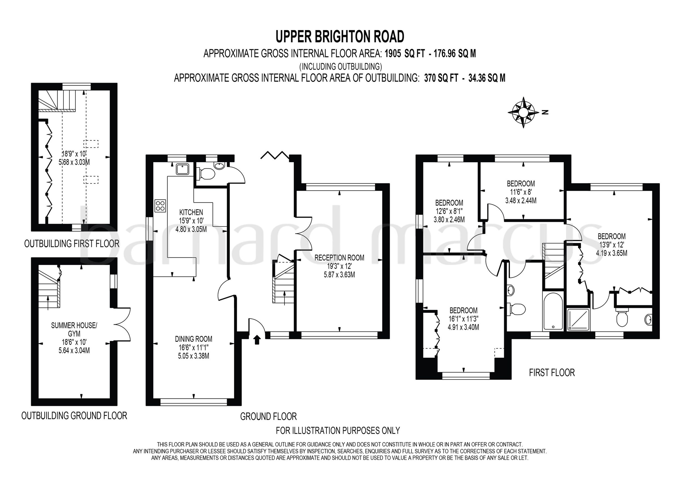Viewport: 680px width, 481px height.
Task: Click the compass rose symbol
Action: [x=523, y=112]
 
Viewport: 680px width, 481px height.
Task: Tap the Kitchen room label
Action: [x=191, y=212]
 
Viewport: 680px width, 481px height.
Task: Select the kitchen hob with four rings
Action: [x=160, y=206]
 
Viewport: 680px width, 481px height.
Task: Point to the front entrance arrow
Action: [x=257, y=340]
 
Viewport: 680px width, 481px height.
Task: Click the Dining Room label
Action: [x=194, y=339]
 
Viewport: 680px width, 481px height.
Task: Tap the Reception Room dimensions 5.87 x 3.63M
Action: [x=339, y=275]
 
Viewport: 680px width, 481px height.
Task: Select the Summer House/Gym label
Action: [x=74, y=329]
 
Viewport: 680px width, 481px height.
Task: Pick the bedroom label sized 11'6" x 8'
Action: [x=521, y=183]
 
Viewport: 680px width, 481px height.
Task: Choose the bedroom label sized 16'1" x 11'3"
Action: [x=463, y=310]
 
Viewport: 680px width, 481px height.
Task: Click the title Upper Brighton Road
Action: [x=340, y=37]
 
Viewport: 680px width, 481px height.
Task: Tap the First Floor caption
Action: [x=552, y=372]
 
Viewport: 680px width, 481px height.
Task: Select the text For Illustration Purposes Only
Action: [x=338, y=430]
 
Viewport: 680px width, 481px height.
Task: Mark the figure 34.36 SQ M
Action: [x=487, y=78]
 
